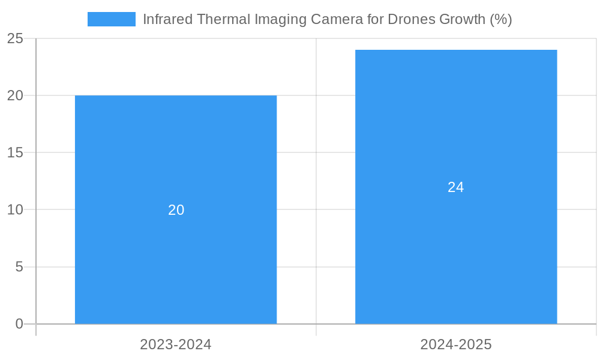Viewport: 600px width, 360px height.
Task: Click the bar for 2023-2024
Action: coord(176,252)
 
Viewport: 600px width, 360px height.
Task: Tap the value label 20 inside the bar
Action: coord(176,210)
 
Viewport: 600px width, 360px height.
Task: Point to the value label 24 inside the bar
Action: coord(456,187)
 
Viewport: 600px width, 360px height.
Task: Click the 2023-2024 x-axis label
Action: coord(176,344)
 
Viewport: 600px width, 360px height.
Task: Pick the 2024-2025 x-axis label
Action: coord(456,344)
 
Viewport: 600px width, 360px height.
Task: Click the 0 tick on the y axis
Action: coord(19,324)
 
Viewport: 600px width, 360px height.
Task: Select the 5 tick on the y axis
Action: coord(19,267)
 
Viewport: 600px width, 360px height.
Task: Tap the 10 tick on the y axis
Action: coord(15,210)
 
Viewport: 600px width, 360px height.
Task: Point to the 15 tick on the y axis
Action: coord(15,153)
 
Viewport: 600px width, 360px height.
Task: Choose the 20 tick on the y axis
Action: coord(15,96)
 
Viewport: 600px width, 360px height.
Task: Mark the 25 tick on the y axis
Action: coord(15,39)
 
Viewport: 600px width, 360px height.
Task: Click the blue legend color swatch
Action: coord(112,19)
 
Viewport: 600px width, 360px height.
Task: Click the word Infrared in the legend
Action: coord(167,19)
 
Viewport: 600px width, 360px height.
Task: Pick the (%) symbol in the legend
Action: coord(500,19)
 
